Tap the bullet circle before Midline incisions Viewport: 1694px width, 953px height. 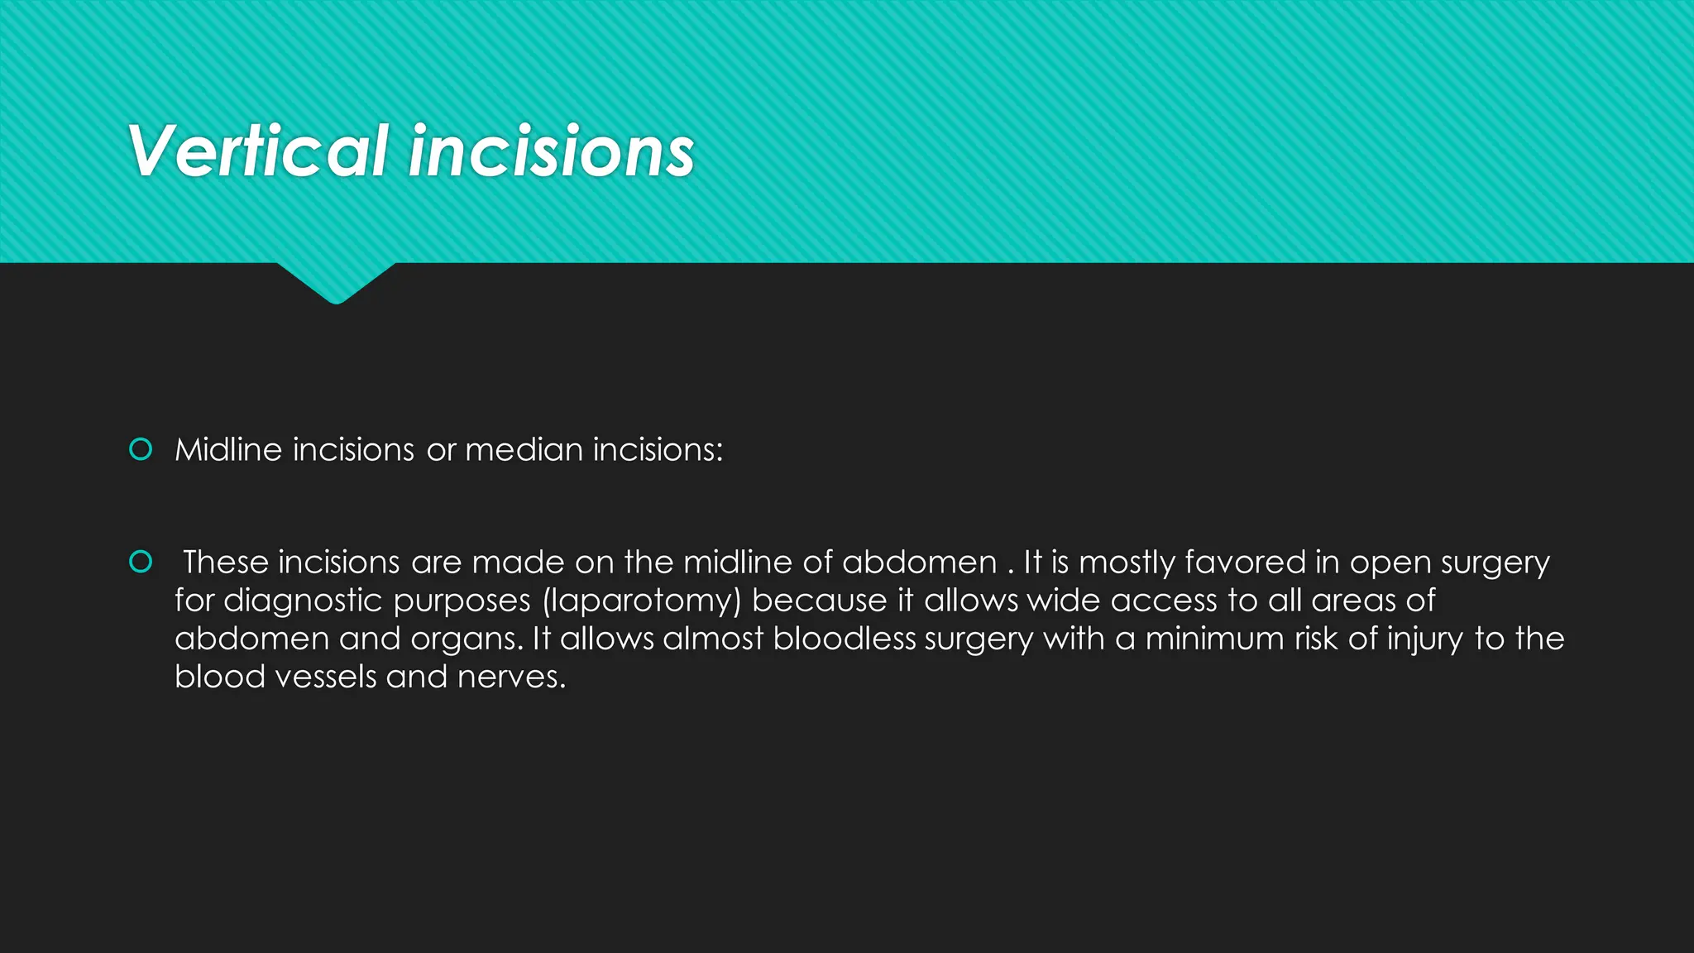pyautogui.click(x=141, y=449)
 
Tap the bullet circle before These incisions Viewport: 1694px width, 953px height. pyautogui.click(x=141, y=562)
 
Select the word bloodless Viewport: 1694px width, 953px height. pyautogui.click(x=845, y=639)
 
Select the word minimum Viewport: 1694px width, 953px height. pyautogui.click(x=1214, y=639)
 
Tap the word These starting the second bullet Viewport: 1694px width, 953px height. pyautogui.click(x=226, y=563)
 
